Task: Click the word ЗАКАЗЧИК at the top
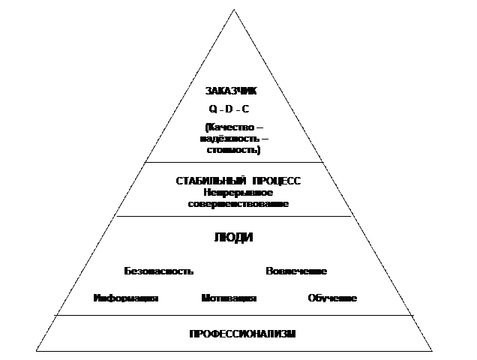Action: click(231, 91)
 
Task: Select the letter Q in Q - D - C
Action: click(213, 109)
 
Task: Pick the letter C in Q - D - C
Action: click(247, 109)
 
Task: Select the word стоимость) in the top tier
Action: click(233, 150)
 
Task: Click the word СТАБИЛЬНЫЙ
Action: click(204, 182)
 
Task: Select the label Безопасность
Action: click(159, 271)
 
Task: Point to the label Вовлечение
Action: click(296, 271)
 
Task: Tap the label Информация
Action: click(126, 298)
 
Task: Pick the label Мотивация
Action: click(229, 298)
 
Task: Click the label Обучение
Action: click(332, 298)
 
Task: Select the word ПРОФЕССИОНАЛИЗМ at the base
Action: click(242, 334)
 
